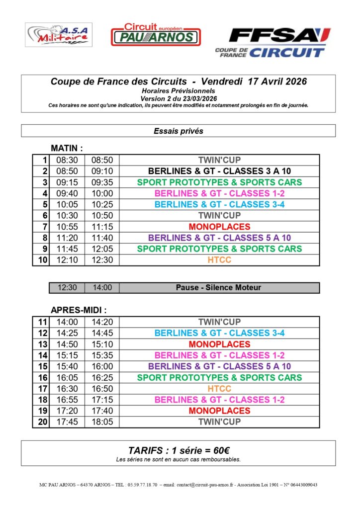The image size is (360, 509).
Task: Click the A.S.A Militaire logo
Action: pyautogui.click(x=59, y=35)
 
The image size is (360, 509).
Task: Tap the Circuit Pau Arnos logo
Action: pyautogui.click(x=155, y=35)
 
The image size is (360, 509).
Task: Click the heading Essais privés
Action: pyautogui.click(x=178, y=131)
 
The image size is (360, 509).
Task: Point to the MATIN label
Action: pyautogui.click(x=67, y=148)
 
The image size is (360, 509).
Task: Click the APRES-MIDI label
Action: pyautogui.click(x=79, y=310)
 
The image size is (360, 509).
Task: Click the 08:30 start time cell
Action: pyautogui.click(x=67, y=160)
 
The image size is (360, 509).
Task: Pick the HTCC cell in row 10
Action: pyautogui.click(x=219, y=260)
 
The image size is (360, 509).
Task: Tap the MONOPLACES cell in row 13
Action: pyautogui.click(x=219, y=344)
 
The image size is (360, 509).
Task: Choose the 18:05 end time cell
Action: pyautogui.click(x=102, y=422)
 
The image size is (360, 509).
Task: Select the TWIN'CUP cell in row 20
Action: pyautogui.click(x=219, y=422)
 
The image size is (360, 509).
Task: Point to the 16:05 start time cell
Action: pyautogui.click(x=67, y=378)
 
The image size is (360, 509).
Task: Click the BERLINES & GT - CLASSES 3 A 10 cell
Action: pyautogui.click(x=219, y=171)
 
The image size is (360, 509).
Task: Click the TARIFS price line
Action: pyautogui.click(x=178, y=450)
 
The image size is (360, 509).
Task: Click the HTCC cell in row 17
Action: pyautogui.click(x=219, y=389)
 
